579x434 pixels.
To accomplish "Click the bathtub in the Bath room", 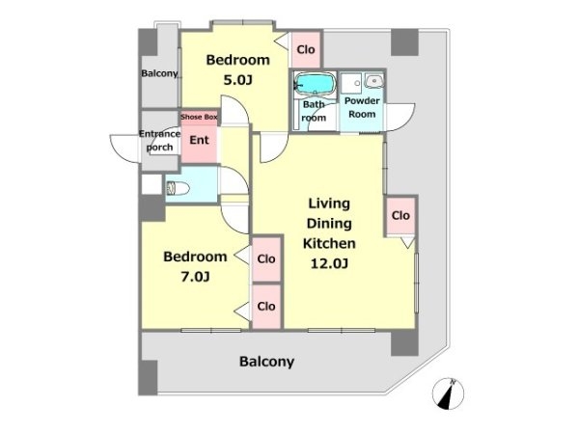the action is (x=315, y=84).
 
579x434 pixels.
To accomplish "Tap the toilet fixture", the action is (x=178, y=188).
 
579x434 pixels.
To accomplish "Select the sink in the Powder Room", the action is (x=374, y=80).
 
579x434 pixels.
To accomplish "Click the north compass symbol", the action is (x=448, y=393).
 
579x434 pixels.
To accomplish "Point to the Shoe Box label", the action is (x=199, y=117).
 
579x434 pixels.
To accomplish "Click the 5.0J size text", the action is (x=237, y=80).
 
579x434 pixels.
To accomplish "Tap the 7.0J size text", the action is (x=195, y=277).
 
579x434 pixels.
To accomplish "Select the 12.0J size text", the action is (x=329, y=263).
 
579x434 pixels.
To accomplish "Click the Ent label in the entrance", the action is (x=199, y=140).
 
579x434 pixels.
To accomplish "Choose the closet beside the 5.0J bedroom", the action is (x=306, y=49).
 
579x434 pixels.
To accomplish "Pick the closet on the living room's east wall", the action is (x=400, y=215).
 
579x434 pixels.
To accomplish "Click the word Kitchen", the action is (x=329, y=244).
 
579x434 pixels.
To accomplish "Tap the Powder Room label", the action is (x=362, y=107).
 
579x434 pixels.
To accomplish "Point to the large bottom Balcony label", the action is (x=266, y=362).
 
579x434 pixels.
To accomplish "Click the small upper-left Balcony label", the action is (x=159, y=73).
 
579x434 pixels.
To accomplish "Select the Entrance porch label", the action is (x=159, y=140).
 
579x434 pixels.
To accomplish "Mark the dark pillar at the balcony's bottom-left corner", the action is (x=148, y=377).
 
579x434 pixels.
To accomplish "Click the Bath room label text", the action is (x=314, y=111).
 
